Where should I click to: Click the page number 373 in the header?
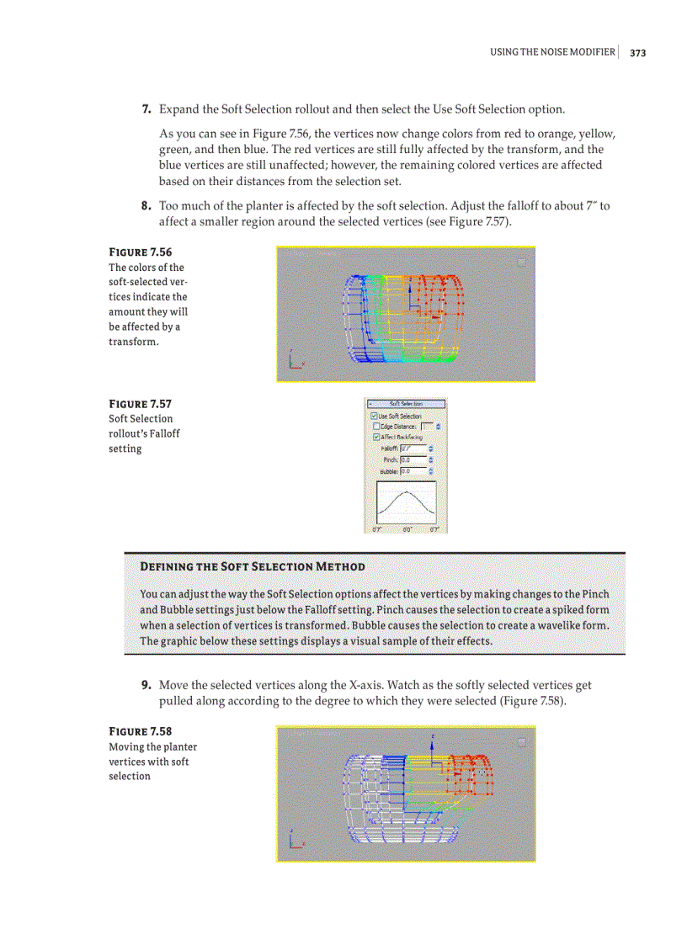click(637, 53)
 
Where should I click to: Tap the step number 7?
click(146, 109)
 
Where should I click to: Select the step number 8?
click(146, 205)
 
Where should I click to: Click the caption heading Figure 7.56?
click(141, 252)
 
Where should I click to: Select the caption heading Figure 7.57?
click(141, 404)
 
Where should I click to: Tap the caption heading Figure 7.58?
click(141, 731)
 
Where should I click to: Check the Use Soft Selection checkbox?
click(375, 417)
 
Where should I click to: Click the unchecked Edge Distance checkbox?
click(375, 427)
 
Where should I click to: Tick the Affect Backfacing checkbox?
click(375, 437)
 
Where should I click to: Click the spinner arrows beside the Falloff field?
click(431, 449)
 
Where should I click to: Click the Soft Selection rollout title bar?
click(406, 404)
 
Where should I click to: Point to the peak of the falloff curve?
click(406, 492)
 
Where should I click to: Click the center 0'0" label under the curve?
click(407, 529)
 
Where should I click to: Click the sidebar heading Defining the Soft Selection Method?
click(253, 566)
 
